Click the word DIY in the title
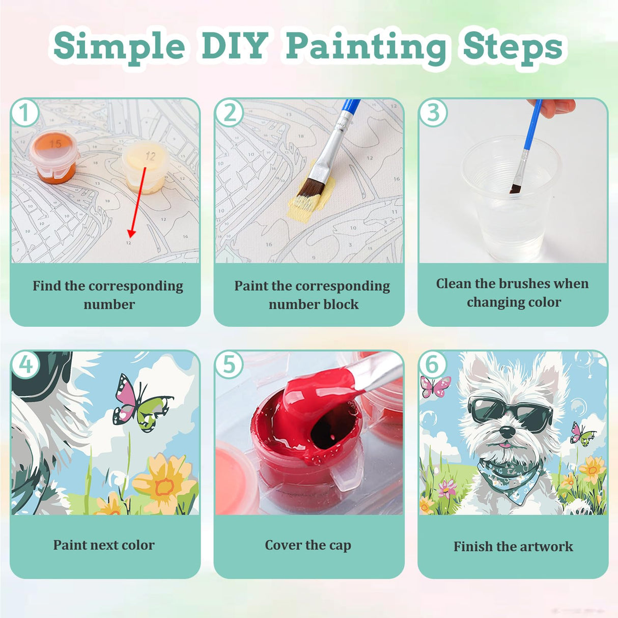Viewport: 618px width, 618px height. tap(235, 46)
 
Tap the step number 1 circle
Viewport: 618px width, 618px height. tap(24, 113)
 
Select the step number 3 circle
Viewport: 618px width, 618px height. tap(433, 113)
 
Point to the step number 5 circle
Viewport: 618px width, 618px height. tap(229, 364)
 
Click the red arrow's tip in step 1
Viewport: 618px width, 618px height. tap(131, 236)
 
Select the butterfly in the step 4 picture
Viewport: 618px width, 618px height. tap(140, 403)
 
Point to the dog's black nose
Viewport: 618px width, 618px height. tap(507, 432)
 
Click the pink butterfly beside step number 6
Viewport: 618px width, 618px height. tap(435, 386)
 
